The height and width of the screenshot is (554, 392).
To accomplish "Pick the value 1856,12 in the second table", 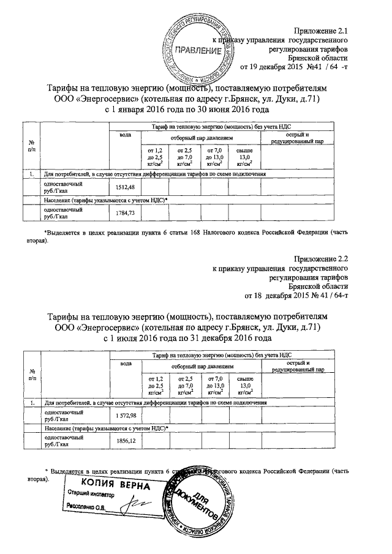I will click(129, 441).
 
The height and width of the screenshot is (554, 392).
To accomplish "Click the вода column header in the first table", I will click(126, 134).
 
